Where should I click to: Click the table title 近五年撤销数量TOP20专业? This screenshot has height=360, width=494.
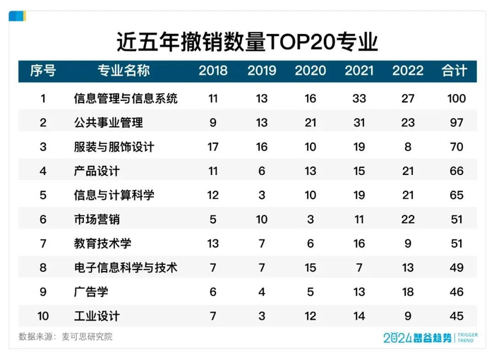[246, 41]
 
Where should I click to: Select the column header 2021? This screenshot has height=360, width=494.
[359, 71]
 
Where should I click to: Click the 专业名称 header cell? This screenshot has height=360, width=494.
[123, 71]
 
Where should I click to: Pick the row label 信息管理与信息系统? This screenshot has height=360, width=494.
[126, 98]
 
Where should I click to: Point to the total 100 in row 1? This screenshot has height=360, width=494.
[456, 98]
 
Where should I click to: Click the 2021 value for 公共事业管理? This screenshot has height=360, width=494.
[359, 123]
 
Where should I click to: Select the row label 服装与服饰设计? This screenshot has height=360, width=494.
[114, 147]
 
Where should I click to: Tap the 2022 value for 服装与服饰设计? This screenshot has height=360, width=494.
[408, 147]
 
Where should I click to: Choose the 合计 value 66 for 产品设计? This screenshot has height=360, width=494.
[456, 171]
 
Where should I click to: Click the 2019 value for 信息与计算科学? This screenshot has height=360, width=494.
[262, 195]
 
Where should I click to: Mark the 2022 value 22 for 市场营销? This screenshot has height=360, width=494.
[408, 220]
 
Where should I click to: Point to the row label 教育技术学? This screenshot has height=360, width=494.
[103, 244]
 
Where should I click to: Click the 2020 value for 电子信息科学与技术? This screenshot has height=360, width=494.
[311, 268]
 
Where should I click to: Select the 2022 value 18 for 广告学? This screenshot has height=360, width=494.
[408, 292]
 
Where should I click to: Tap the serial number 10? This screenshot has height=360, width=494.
[43, 316]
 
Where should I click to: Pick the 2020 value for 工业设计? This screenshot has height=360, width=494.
[311, 316]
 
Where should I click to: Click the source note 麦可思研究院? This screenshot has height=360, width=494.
[88, 337]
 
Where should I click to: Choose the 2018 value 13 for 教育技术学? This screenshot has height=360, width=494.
[213, 244]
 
